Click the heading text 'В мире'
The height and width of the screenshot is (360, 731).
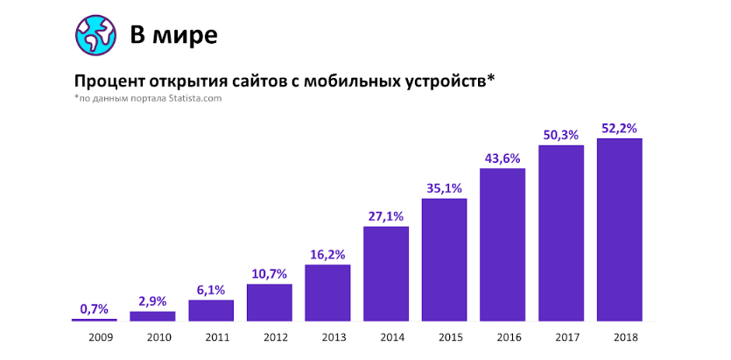pos(173,35)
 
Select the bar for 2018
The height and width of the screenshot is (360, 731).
pos(619,229)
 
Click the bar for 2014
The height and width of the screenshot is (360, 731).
pos(386,273)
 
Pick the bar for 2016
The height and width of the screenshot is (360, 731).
pos(503,244)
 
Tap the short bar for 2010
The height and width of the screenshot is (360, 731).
pos(152,315)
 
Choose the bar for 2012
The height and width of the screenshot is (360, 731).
pos(269,302)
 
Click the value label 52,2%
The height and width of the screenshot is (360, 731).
pos(619,129)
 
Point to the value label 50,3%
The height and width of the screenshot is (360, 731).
pos(561,134)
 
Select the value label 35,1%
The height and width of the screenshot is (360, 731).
pos(444,187)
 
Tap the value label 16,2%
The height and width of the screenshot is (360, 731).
pos(327,254)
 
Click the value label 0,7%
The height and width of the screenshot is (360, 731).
pos(94,308)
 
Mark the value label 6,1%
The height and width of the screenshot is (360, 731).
pos(211,290)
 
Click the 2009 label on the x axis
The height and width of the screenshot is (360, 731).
pos(94,336)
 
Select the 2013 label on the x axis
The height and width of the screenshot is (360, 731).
pos(327,336)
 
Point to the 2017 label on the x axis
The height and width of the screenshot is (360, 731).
pos(561,336)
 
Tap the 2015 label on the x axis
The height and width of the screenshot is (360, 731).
pos(444,336)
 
